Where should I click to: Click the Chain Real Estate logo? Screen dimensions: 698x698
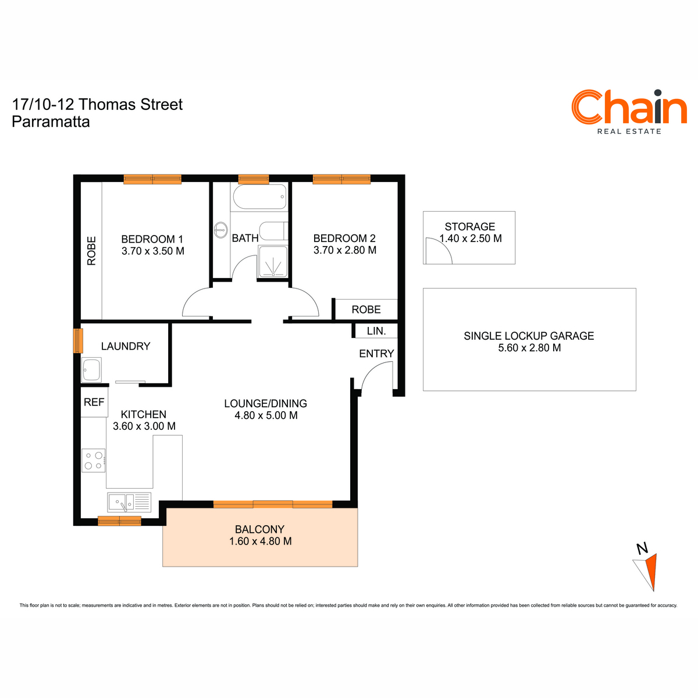tap(628, 112)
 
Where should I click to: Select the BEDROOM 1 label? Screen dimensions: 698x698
tap(152, 239)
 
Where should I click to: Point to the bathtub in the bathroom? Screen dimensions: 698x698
tap(259, 197)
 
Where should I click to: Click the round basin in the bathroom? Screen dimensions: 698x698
tap(220, 230)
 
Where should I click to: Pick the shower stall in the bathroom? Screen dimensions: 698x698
tap(273, 262)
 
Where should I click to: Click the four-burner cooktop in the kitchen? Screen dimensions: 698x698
tap(94, 460)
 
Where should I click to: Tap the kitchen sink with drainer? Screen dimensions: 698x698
tap(129, 502)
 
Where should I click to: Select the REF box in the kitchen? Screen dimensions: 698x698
tap(94, 402)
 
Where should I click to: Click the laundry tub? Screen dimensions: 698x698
tap(91, 370)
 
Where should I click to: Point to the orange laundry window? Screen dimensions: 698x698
tap(79, 340)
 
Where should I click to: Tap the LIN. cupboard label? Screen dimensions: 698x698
tap(376, 331)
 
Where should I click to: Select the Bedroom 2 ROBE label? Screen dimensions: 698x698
tap(366, 309)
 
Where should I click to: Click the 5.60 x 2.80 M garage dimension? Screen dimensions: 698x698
tap(529, 348)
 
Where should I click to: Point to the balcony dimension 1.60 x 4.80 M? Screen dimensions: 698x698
tap(260, 541)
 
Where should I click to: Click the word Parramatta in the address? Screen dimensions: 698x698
tap(51, 122)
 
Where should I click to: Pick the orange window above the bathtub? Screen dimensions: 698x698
tap(254, 179)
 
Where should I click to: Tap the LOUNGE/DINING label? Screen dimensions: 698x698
tap(265, 403)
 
